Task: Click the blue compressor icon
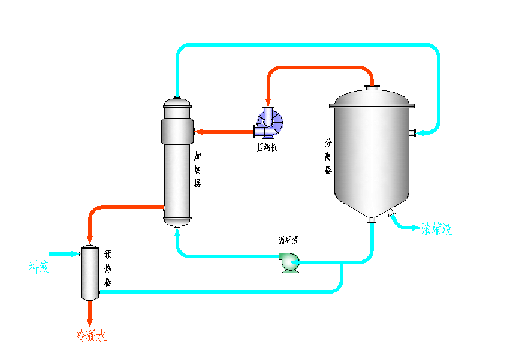click(x=269, y=123)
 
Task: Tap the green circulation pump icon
click(x=289, y=262)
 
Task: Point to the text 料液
click(x=40, y=267)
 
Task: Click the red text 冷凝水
click(x=91, y=336)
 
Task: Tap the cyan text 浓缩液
click(x=436, y=229)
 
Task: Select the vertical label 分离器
click(x=328, y=157)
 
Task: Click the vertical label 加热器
click(x=198, y=170)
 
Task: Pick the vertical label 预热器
click(x=108, y=268)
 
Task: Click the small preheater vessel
click(x=90, y=273)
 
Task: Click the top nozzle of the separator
click(x=372, y=87)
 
